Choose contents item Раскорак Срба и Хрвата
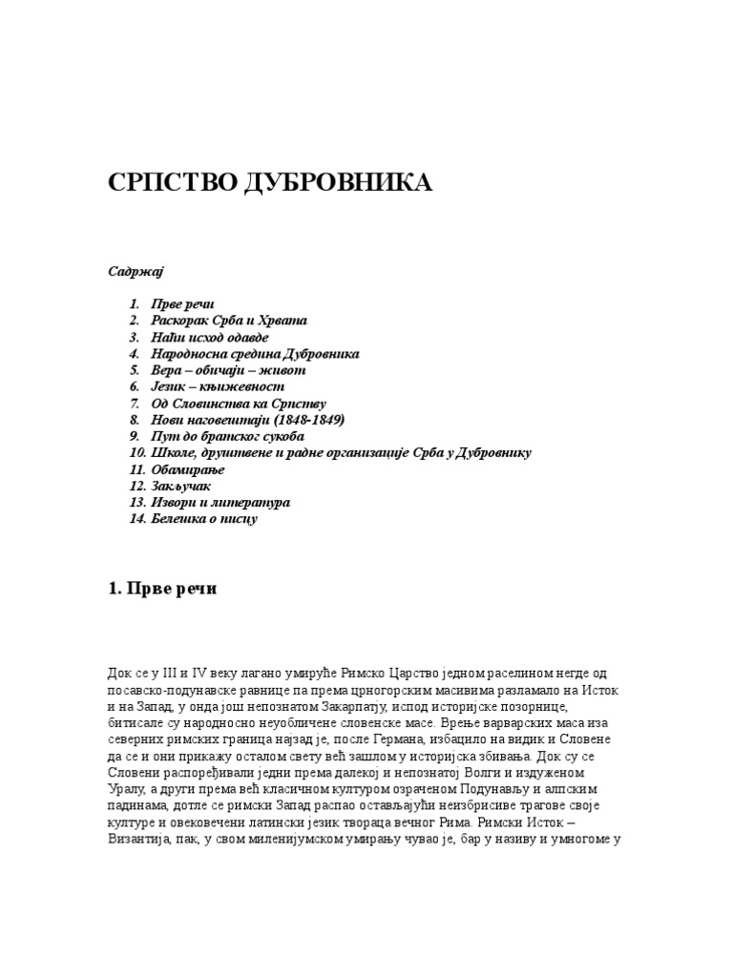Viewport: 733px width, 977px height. click(x=230, y=321)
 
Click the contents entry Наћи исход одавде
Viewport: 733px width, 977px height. click(x=211, y=337)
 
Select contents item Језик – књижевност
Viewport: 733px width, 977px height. click(x=219, y=386)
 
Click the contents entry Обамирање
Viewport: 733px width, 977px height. click(x=189, y=469)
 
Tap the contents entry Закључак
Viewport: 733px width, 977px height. click(x=182, y=486)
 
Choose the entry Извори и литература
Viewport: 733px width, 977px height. click(x=220, y=502)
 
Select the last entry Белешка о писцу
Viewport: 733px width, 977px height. click(x=205, y=519)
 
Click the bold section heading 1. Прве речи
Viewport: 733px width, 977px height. click(x=162, y=589)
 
